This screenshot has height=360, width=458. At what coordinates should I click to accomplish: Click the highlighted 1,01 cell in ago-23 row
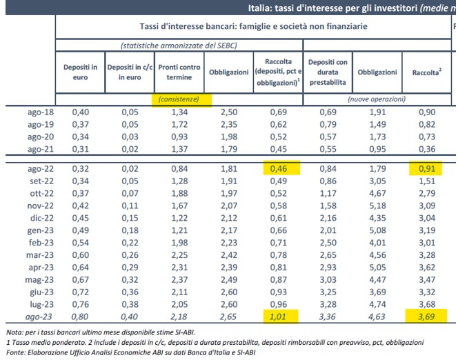(x=279, y=317)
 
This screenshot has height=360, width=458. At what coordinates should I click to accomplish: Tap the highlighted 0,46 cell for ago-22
(x=279, y=168)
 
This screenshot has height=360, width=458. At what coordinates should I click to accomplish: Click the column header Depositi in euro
(x=81, y=72)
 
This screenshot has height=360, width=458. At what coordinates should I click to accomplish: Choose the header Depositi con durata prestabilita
(x=328, y=72)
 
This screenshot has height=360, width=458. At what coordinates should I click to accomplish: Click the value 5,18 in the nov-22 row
(x=377, y=206)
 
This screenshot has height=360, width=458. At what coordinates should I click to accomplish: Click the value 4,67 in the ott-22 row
(x=377, y=193)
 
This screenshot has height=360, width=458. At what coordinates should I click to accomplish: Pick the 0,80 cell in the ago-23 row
(x=81, y=317)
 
